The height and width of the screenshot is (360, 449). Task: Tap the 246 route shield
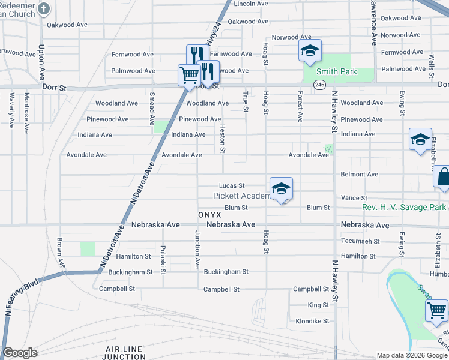319,86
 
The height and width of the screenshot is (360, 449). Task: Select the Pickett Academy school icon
281,190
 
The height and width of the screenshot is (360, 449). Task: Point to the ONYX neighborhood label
210,214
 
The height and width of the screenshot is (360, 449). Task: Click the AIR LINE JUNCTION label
125,353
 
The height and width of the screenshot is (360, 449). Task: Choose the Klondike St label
313,321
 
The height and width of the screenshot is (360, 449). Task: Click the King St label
318,305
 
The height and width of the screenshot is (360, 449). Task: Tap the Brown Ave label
60,253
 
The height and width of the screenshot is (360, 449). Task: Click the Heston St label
222,138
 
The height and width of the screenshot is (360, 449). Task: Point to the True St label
245,101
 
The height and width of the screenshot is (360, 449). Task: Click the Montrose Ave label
26,106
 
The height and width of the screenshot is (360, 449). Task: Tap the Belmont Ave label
359,174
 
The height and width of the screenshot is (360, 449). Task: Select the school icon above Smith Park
310,51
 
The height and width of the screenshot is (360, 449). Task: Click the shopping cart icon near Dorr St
188,76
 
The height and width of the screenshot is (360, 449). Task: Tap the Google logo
20,353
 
